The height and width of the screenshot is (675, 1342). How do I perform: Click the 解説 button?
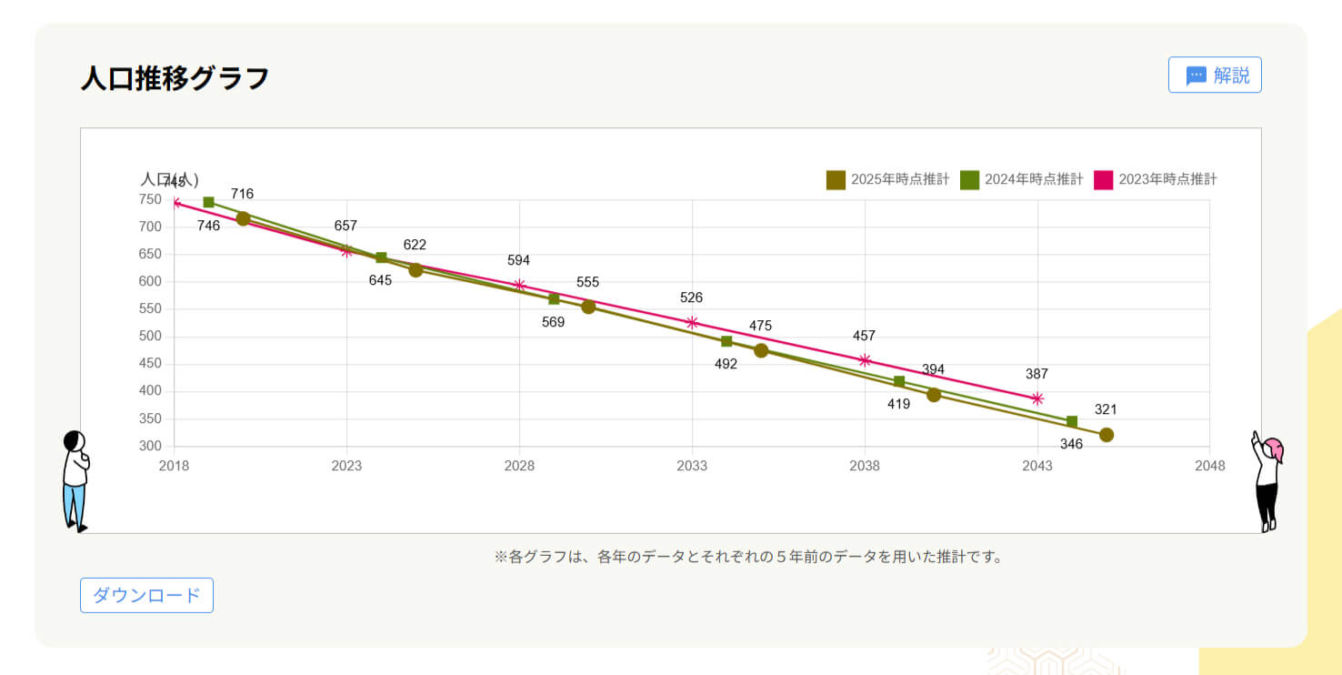tap(1215, 76)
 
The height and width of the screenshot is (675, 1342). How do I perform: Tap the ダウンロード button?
tap(146, 595)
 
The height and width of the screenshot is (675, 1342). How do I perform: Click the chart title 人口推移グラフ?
tap(175, 78)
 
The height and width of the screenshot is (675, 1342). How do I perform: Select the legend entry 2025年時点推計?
tap(887, 179)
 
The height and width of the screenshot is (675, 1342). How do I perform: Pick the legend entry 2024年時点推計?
tap(1022, 179)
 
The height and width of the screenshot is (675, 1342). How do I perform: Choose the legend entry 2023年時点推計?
tap(1156, 179)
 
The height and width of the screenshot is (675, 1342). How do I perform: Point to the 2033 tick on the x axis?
tap(692, 467)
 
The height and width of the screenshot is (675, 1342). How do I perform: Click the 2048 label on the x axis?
tap(1209, 467)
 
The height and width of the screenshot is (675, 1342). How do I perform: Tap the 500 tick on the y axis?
tap(149, 337)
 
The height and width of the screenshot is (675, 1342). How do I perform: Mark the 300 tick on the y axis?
tap(149, 447)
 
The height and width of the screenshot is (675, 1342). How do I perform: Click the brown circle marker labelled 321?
tap(1106, 435)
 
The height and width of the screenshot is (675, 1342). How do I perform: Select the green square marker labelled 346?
tap(1072, 421)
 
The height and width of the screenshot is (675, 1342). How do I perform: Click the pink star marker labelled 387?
tap(1037, 398)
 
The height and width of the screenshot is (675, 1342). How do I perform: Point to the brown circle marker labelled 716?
tap(243, 218)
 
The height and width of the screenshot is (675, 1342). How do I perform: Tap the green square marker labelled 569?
tap(554, 298)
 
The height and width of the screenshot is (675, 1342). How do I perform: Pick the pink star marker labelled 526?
tap(692, 322)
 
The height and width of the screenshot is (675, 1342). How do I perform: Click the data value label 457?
tap(864, 337)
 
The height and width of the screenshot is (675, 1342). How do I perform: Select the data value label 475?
tap(760, 326)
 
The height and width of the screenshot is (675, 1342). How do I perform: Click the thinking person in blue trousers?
tap(75, 480)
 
